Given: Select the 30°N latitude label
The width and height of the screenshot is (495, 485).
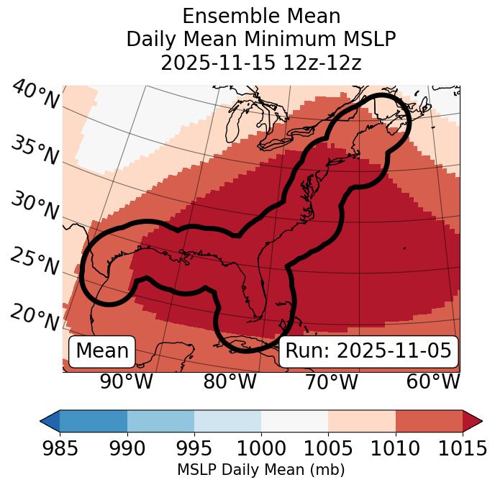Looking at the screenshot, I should pos(35,207).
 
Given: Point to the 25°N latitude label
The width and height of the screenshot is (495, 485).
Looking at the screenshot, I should pos(35,261).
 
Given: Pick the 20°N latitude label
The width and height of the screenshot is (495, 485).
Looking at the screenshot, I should pos(35,316).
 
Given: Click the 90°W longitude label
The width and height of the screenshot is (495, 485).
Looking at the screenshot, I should pos(126,381).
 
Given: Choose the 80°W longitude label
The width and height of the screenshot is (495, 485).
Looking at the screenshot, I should pos(230,381).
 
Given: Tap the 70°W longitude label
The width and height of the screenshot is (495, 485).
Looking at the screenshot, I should pos(331,381).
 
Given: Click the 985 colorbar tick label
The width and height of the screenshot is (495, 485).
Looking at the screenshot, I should pos(60,449).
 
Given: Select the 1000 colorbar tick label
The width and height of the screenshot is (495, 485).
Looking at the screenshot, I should pos(261,449).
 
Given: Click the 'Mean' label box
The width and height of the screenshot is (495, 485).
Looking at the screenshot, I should pos(102,350).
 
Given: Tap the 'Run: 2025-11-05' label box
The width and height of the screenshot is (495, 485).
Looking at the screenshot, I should pos(368,350).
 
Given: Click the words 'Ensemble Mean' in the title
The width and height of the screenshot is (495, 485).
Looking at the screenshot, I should pos(261,16).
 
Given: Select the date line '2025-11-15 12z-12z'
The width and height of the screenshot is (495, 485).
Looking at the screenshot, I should pos(261,63).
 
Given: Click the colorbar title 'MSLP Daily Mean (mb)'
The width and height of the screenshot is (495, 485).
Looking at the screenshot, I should pos(261,471).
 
